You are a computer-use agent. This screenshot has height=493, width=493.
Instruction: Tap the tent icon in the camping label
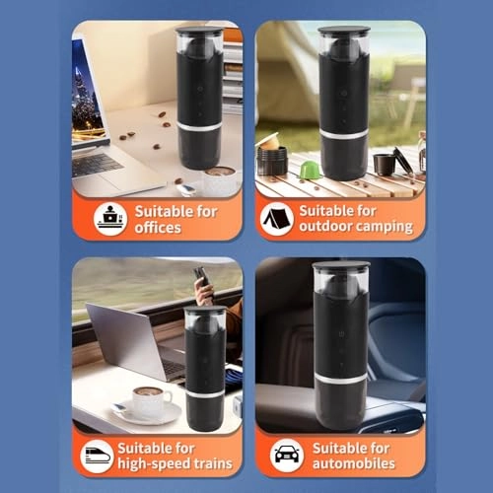277,218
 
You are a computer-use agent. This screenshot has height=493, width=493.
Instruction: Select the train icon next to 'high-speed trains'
97,455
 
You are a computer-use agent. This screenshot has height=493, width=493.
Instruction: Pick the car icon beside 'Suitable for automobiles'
286,455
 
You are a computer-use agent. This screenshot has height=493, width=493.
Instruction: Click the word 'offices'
158,228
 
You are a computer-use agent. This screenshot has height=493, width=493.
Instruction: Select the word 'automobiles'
354,463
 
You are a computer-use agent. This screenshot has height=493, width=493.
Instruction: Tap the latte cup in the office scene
219,181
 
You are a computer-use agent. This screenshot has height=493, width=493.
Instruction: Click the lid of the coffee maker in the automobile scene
340,265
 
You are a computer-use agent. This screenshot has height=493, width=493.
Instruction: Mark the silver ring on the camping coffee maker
343,132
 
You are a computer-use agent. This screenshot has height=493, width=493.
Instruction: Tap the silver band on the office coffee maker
200,128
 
